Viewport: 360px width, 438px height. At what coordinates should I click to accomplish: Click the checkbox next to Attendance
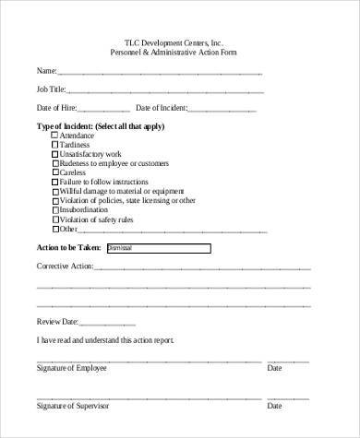[54, 136]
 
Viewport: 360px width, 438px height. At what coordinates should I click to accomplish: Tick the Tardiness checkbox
[54, 145]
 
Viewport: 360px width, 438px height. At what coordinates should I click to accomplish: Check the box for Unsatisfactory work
[54, 154]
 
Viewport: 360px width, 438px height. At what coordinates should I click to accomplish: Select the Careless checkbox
[54, 172]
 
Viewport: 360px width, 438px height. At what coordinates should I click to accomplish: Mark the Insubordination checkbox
[54, 209]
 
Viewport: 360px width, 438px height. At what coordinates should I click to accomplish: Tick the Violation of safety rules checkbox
[54, 219]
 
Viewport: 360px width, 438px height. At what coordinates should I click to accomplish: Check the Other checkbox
[54, 229]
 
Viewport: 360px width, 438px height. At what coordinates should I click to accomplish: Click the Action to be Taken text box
[159, 248]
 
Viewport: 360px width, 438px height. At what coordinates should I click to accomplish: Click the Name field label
[46, 71]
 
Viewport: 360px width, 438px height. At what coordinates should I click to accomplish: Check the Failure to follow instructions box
[54, 182]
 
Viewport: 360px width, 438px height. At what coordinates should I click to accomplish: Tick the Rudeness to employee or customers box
[54, 163]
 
